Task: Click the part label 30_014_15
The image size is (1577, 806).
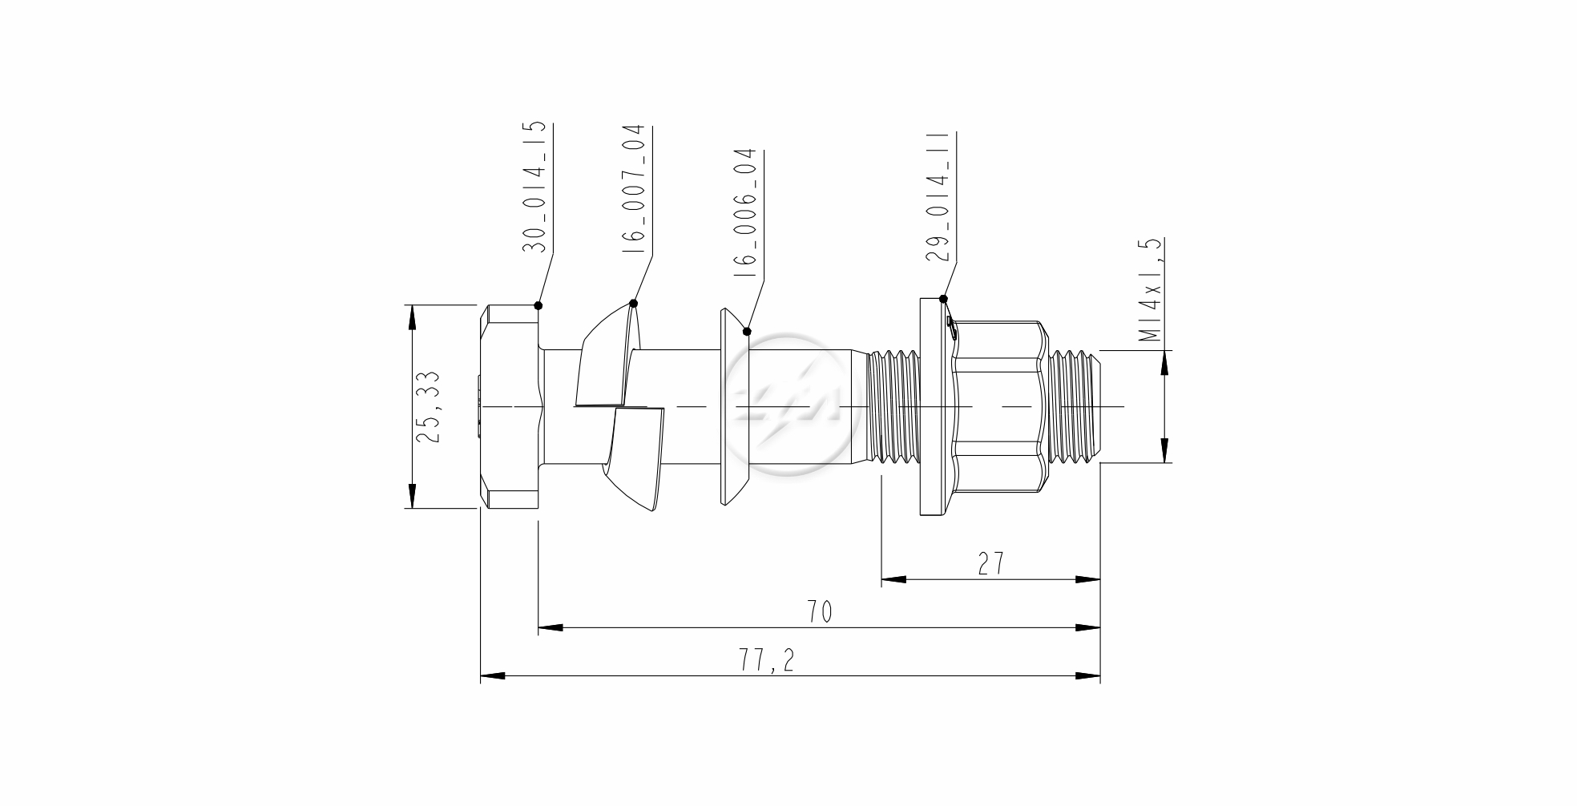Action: click(535, 187)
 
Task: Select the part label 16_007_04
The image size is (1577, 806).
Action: click(633, 189)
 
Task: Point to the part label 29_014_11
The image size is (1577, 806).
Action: click(937, 197)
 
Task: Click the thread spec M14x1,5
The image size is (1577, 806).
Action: click(1151, 289)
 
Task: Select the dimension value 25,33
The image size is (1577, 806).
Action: click(428, 405)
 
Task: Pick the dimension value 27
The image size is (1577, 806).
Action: click(991, 563)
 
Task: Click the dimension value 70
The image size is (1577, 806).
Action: click(819, 612)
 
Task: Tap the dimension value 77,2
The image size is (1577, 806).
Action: click(766, 661)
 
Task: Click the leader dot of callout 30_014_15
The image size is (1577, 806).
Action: click(538, 305)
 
